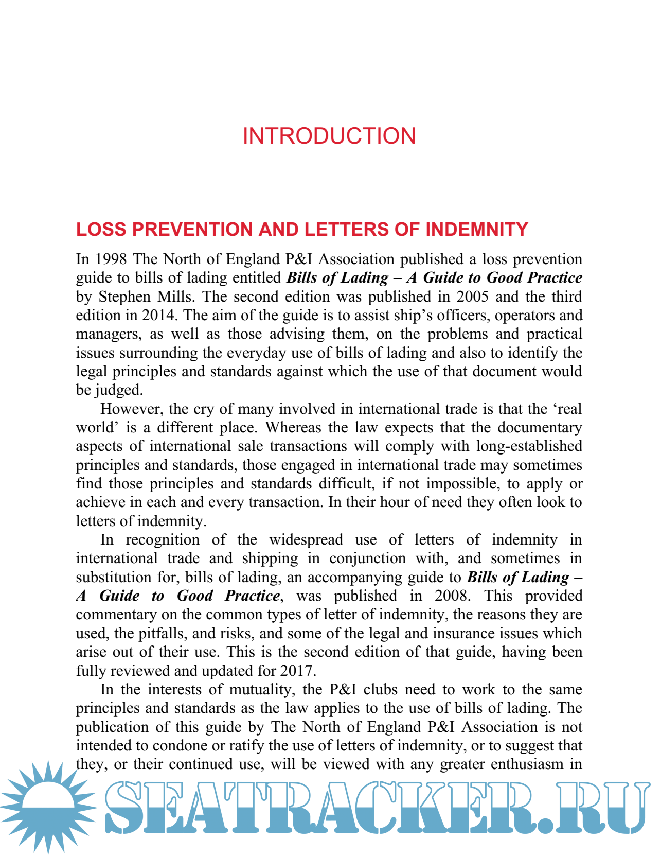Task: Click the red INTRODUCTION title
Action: [329, 136]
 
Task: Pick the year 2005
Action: [472, 296]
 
